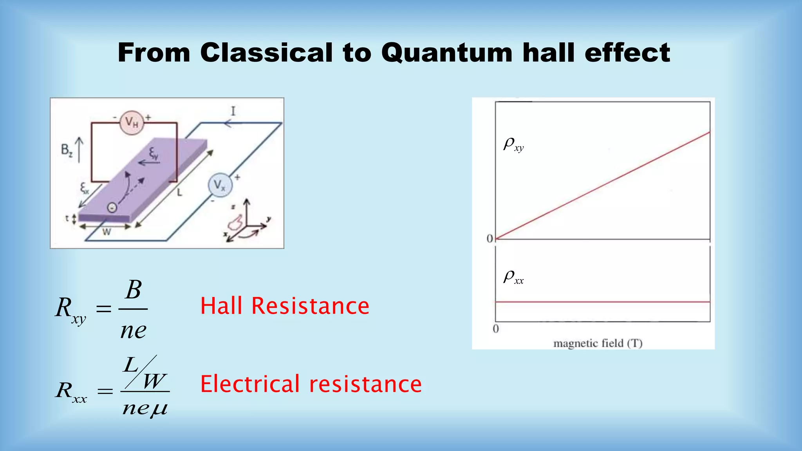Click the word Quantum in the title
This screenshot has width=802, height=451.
[447, 53]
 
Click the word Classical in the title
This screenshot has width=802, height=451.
[266, 52]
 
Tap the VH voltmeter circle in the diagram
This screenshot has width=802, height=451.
[132, 123]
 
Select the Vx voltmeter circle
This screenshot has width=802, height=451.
[220, 185]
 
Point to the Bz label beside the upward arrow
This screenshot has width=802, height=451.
[67, 150]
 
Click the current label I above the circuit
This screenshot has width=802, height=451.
[233, 112]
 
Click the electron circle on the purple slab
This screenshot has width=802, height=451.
[112, 207]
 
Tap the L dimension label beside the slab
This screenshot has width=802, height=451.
[179, 193]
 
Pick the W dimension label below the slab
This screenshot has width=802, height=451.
[107, 232]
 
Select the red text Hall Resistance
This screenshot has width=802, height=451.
[285, 306]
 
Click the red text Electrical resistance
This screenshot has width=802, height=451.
[311, 384]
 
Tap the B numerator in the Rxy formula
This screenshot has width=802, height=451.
[134, 290]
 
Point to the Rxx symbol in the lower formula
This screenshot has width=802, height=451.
[70, 391]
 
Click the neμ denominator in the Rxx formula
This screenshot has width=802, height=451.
[145, 408]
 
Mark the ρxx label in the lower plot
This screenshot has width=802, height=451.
[513, 277]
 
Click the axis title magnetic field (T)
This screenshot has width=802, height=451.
[598, 343]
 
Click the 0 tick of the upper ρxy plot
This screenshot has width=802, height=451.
[490, 238]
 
